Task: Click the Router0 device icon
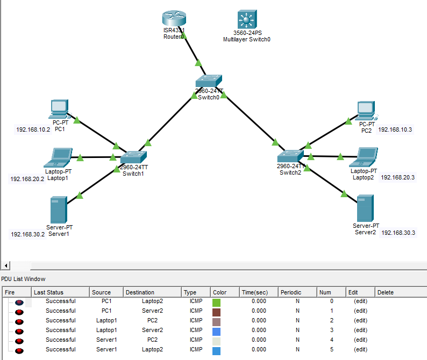coord(174,19)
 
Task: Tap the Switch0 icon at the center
coord(208,81)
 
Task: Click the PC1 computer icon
coord(59,109)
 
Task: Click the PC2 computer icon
coord(367,110)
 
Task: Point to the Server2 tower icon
coord(366,208)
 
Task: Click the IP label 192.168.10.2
coord(33,129)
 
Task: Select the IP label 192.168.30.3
coord(398,233)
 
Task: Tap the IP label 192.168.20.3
coord(398,177)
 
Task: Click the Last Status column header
coord(48,292)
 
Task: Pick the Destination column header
coord(139,292)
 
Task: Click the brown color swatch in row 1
coord(217,311)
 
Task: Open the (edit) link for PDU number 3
coord(360,330)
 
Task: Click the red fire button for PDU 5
coord(19,350)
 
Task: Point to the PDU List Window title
coord(23,279)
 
